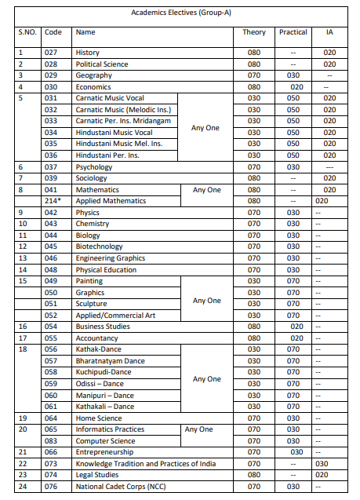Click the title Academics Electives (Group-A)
(x=180, y=11)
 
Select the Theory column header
(x=254, y=32)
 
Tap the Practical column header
(x=293, y=32)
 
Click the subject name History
(x=87, y=53)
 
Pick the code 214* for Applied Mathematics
(x=54, y=201)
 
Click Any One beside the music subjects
(x=206, y=127)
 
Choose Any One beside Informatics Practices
(x=198, y=429)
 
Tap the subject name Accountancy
(x=96, y=338)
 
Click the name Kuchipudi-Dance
(x=104, y=372)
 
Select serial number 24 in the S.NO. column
(x=21, y=487)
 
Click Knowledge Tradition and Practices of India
(x=145, y=464)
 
